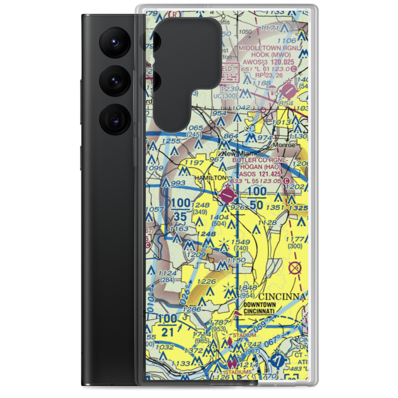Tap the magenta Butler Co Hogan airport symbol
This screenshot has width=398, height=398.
227,195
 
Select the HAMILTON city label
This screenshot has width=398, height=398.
211,178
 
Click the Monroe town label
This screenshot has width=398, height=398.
284,145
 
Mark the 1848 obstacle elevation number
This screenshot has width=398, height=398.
247,288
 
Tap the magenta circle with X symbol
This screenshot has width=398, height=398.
295,268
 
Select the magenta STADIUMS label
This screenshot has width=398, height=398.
238,372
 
